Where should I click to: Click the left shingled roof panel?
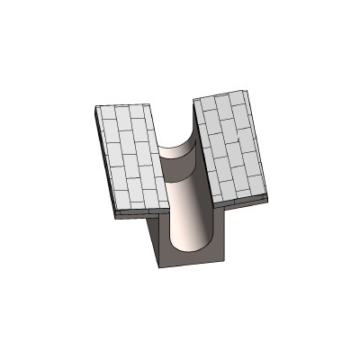click(x=130, y=157)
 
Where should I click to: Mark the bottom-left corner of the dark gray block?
click(x=159, y=268)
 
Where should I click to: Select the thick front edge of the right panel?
click(x=243, y=200)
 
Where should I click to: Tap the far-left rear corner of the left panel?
click(x=95, y=107)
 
